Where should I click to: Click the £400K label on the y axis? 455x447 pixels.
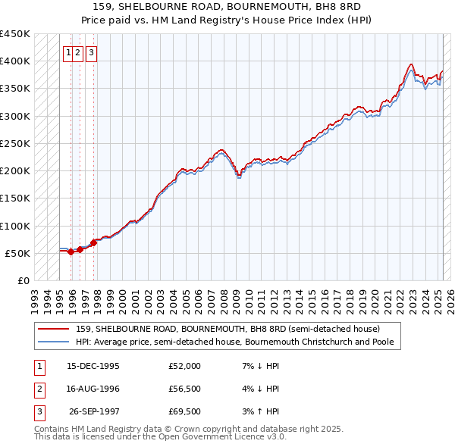click(15, 61)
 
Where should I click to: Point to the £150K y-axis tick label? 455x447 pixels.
click(15, 198)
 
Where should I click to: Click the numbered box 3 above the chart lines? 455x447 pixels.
click(90, 53)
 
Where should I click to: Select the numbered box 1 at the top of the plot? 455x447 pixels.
click(68, 53)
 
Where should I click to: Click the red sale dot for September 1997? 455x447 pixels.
click(93, 242)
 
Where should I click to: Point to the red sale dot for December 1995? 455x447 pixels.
click(71, 252)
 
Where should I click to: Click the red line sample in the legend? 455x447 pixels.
click(54, 329)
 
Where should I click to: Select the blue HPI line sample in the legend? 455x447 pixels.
click(54, 342)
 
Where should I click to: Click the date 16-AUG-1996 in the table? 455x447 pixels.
click(93, 389)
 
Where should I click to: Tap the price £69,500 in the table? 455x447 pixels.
click(184, 413)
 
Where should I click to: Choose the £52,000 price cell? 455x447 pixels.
click(184, 365)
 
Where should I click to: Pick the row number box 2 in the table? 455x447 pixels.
click(38, 389)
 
